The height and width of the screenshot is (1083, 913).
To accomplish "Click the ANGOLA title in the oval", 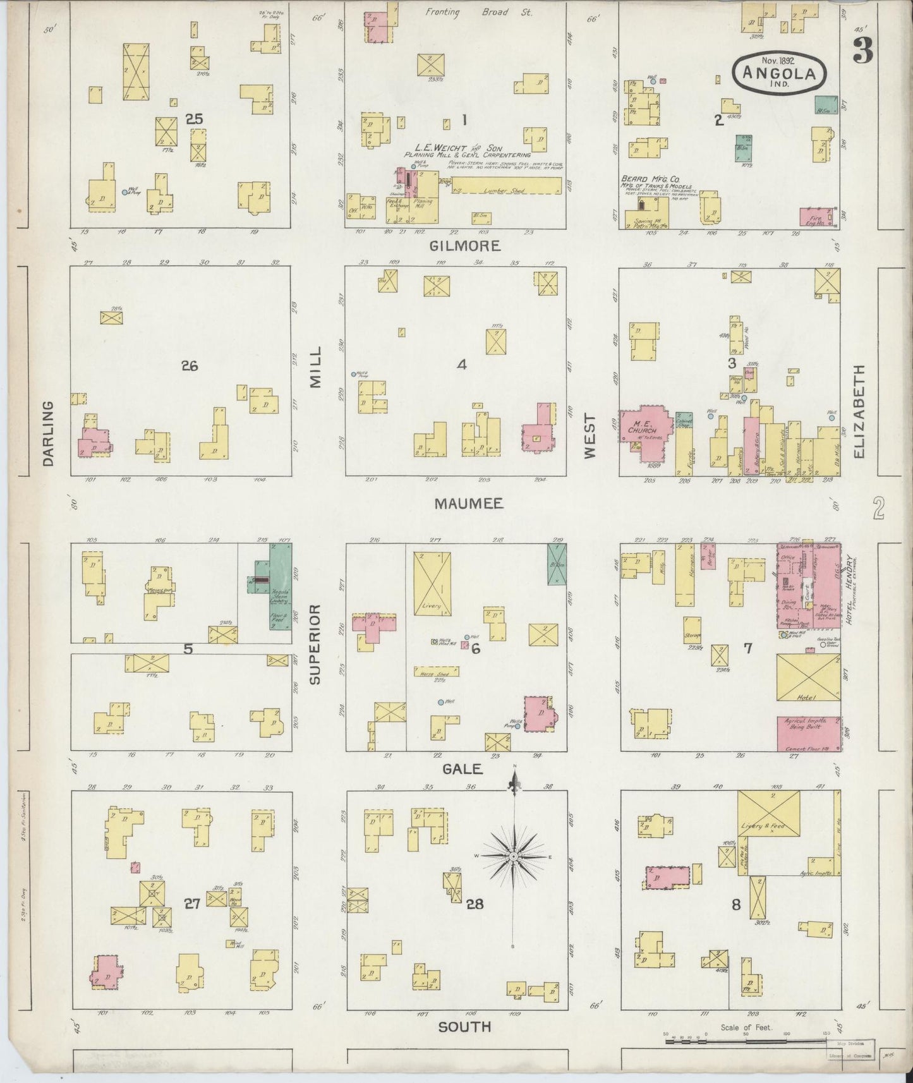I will pos(779,74).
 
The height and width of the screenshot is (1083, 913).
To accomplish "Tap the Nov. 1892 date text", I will pos(778,61).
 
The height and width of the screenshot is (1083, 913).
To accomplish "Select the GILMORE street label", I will pos(465,246).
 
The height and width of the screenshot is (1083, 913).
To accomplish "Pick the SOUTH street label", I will pos(464,1027).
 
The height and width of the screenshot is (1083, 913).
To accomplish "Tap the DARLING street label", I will pos(49,433).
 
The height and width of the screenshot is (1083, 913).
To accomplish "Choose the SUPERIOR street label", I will pos(316,644).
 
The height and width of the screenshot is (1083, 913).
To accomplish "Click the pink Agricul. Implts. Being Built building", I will pos(809,734).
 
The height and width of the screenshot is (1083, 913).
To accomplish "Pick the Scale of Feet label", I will pos(746,1028).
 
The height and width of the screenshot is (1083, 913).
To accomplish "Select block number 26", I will pos(190,365).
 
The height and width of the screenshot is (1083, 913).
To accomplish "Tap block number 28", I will pos(475,904).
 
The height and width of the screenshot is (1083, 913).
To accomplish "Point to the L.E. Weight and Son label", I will pos(458,147).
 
